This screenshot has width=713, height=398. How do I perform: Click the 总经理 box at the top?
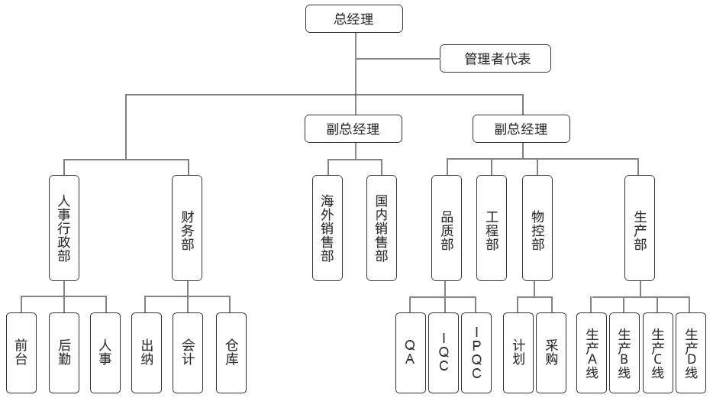point(354,18)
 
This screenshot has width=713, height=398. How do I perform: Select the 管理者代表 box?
point(495,59)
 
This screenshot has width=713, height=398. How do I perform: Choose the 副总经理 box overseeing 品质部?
point(521,129)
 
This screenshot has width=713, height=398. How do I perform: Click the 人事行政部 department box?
point(64,228)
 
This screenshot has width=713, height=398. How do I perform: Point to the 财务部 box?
point(187,228)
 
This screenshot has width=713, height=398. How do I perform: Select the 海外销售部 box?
point(327,228)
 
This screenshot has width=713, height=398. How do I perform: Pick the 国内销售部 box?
point(381,228)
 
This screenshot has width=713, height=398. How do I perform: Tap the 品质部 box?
point(447,228)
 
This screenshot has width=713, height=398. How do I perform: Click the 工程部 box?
point(492,228)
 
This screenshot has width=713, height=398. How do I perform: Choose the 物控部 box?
point(537,228)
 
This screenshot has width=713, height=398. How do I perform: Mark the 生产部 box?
point(640,228)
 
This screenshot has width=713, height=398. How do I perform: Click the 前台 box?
point(21,352)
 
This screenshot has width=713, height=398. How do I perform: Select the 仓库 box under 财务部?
point(231,352)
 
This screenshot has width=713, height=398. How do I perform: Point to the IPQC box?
point(476,352)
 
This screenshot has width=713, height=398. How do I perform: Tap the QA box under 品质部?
point(410,352)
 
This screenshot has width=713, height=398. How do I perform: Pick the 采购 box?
point(551,352)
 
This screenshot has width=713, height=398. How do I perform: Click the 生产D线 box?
point(692,352)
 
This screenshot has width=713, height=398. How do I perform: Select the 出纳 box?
point(147,352)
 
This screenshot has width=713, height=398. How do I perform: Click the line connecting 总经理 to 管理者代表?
point(397,59)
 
